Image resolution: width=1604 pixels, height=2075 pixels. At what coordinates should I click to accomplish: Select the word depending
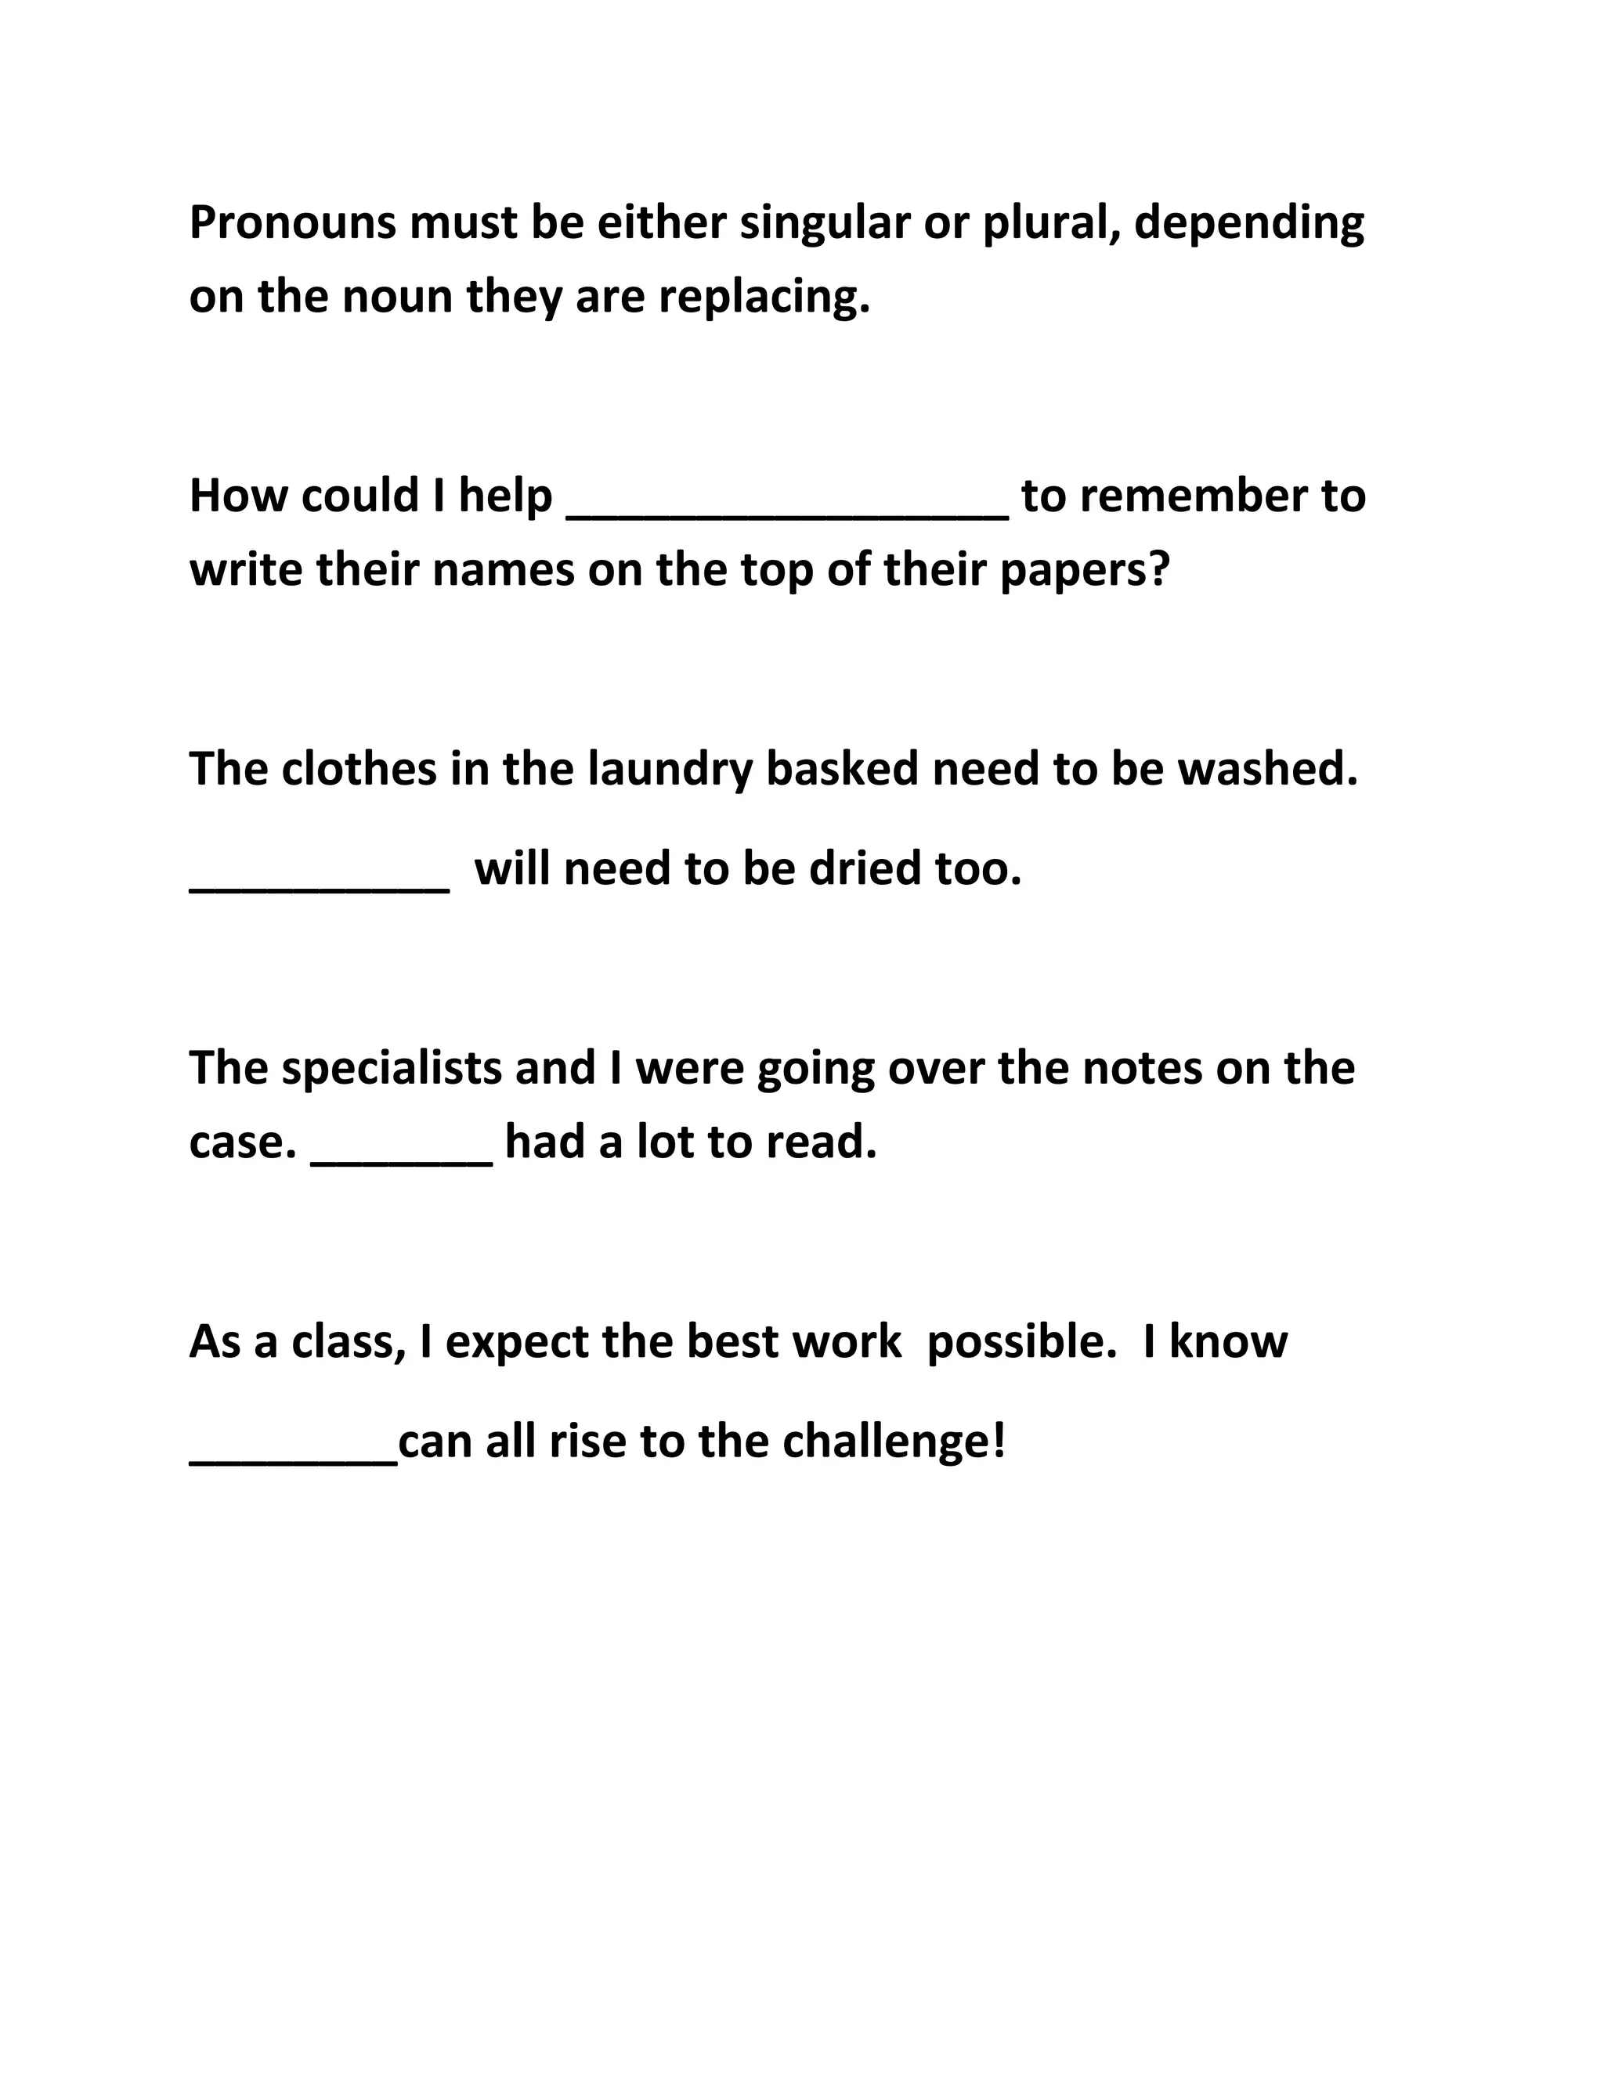(1248, 223)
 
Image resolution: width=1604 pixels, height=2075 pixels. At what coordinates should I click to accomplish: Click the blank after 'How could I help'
(787, 508)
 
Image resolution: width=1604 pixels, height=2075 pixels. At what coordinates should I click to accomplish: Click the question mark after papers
(1158, 570)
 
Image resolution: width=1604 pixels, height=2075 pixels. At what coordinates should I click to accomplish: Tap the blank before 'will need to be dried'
(320, 882)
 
